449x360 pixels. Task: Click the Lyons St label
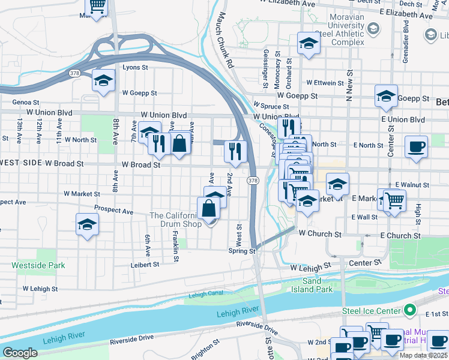tap(135, 68)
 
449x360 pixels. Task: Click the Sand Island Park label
tap(316, 285)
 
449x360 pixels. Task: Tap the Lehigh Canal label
tap(206, 295)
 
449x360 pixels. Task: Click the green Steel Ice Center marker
tap(411, 310)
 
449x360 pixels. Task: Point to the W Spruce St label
tap(271, 105)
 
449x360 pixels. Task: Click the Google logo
tap(20, 353)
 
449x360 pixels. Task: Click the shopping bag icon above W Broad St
tap(179, 144)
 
